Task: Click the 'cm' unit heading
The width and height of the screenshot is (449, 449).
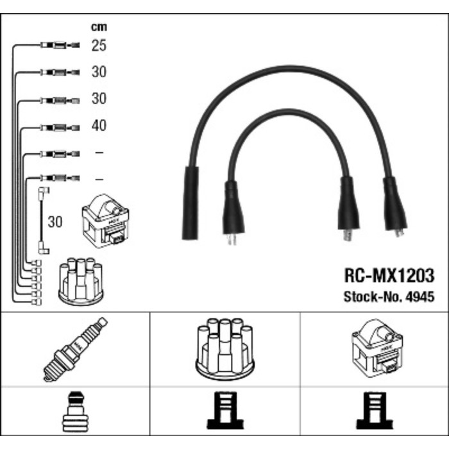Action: pyautogui.click(x=98, y=27)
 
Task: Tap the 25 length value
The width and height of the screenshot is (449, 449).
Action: pyautogui.click(x=98, y=46)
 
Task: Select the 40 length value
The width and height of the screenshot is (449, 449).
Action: pyautogui.click(x=98, y=126)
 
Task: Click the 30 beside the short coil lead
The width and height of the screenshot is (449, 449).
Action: pyautogui.click(x=55, y=222)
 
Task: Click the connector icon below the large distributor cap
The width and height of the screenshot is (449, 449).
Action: pyautogui.click(x=223, y=412)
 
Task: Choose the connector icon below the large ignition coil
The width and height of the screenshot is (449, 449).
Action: pyautogui.click(x=373, y=412)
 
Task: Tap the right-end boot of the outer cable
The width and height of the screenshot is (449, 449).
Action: pyautogui.click(x=394, y=205)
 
